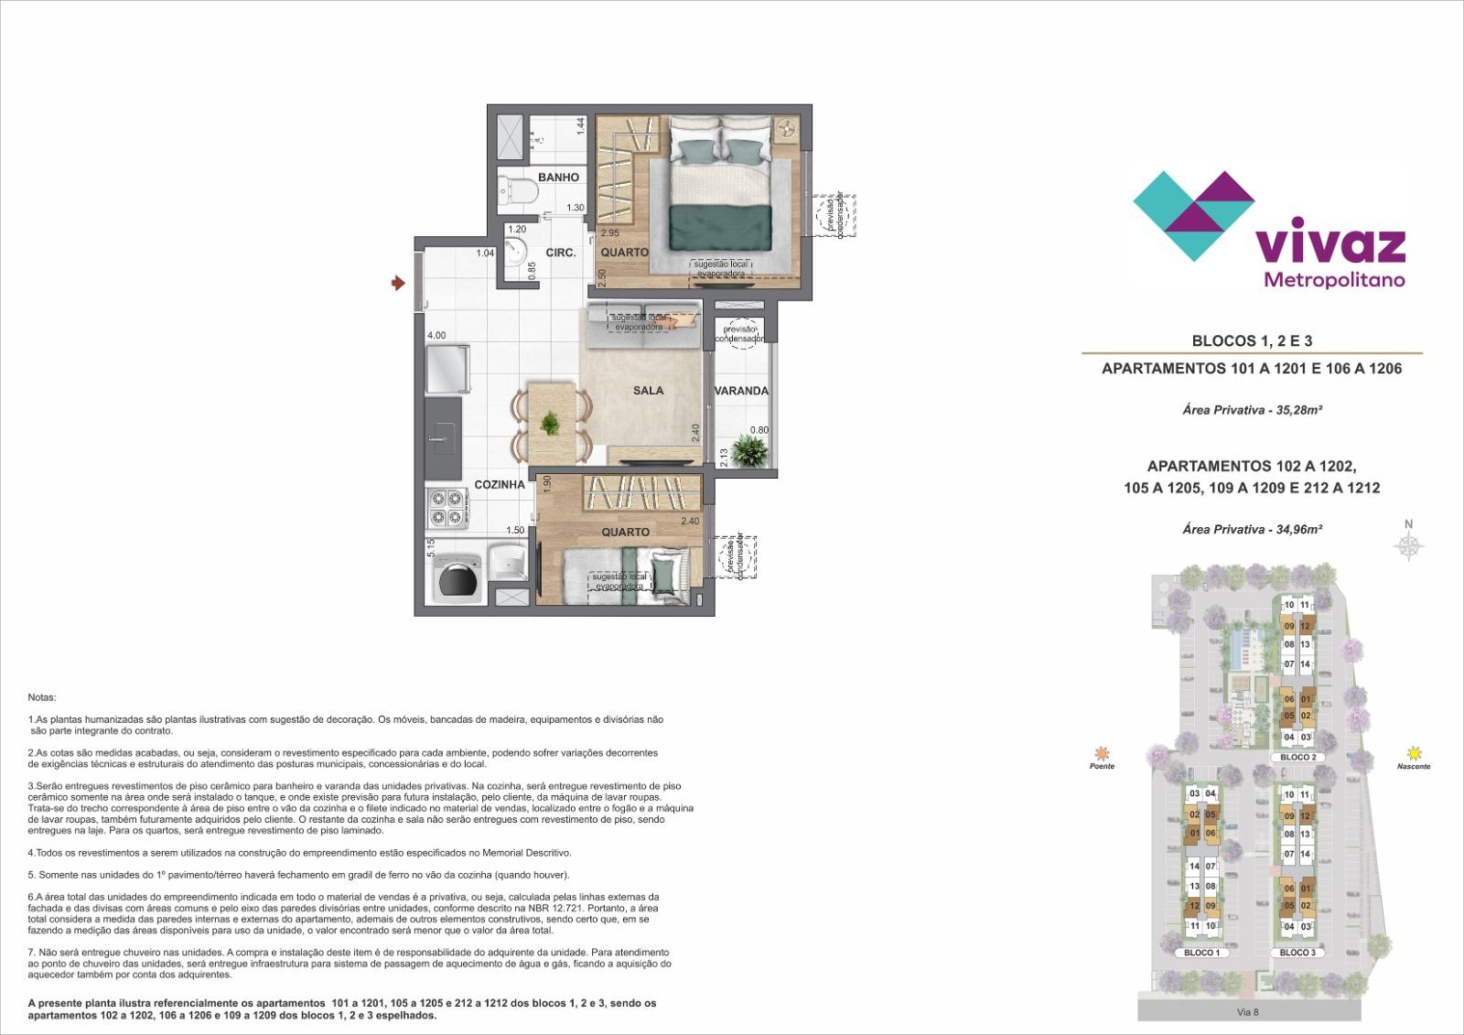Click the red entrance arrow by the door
tap(398, 284)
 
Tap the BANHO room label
tap(558, 178)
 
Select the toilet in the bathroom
tap(520, 192)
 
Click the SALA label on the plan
tap(648, 391)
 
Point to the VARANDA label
tap(741, 391)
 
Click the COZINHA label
tap(500, 484)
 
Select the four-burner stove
tap(447, 510)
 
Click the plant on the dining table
tap(550, 424)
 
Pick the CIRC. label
tap(560, 253)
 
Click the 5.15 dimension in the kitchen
tap(431, 548)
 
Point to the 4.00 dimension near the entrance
tap(436, 336)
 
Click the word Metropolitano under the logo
tap(1333, 280)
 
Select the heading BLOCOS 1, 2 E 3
tap(1252, 341)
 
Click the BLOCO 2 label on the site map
tap(1297, 758)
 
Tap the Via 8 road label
tap(1248, 1012)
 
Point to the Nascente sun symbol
tap(1415, 753)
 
